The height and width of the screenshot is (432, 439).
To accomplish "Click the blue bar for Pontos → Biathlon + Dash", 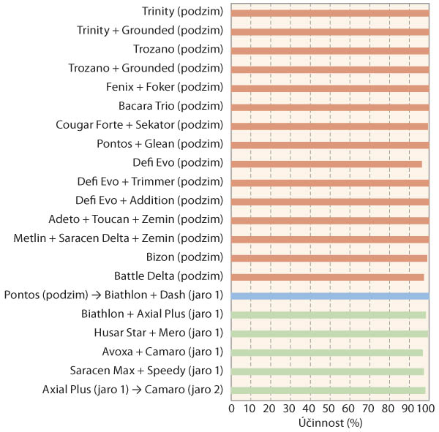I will tap(330, 295).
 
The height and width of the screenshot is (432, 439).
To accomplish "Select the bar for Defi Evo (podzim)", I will tap(326, 163).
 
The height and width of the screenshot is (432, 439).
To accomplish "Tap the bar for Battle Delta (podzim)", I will tap(327, 276).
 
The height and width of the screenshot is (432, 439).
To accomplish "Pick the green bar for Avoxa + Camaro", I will tap(327, 352).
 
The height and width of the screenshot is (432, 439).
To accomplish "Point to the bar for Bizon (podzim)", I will tap(329, 257).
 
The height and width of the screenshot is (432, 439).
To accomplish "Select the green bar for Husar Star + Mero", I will tap(330, 333).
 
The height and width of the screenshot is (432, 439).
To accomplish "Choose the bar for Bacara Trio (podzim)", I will tap(330, 107).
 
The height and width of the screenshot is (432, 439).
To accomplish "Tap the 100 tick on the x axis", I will tap(427, 407).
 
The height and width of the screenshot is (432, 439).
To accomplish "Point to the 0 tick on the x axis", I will tap(231, 407).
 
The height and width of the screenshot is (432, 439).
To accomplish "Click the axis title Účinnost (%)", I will tap(330, 422).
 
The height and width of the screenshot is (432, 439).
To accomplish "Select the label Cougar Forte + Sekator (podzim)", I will tap(139, 125).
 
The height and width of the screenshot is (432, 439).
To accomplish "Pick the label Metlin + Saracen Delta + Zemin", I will tap(118, 238).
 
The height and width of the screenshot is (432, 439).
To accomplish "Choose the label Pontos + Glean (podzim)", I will tap(160, 144).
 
